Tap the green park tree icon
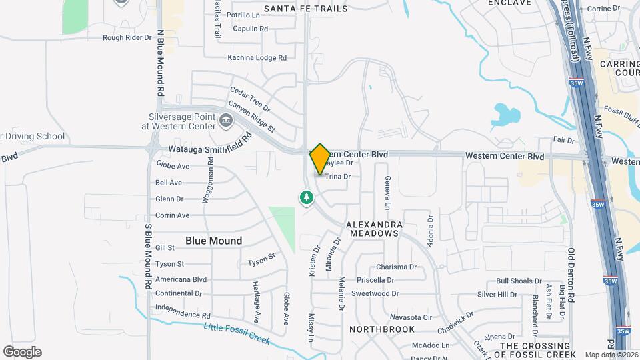point(306,197)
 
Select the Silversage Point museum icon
point(226,122)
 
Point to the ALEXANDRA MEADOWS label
point(373,229)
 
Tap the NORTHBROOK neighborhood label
point(382,329)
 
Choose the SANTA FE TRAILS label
point(306,9)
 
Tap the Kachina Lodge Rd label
point(257,58)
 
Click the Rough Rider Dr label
point(127,38)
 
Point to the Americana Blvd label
point(181,280)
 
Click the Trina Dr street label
point(338,177)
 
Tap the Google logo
point(22,352)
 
